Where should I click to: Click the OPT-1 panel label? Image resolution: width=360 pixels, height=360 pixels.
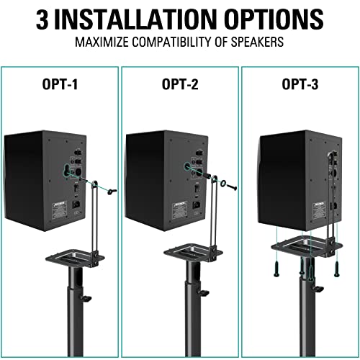pyautogui.click(x=60, y=85)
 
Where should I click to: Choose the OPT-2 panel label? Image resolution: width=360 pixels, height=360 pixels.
pyautogui.click(x=179, y=85)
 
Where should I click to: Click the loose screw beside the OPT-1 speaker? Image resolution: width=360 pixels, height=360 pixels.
pyautogui.click(x=111, y=191)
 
